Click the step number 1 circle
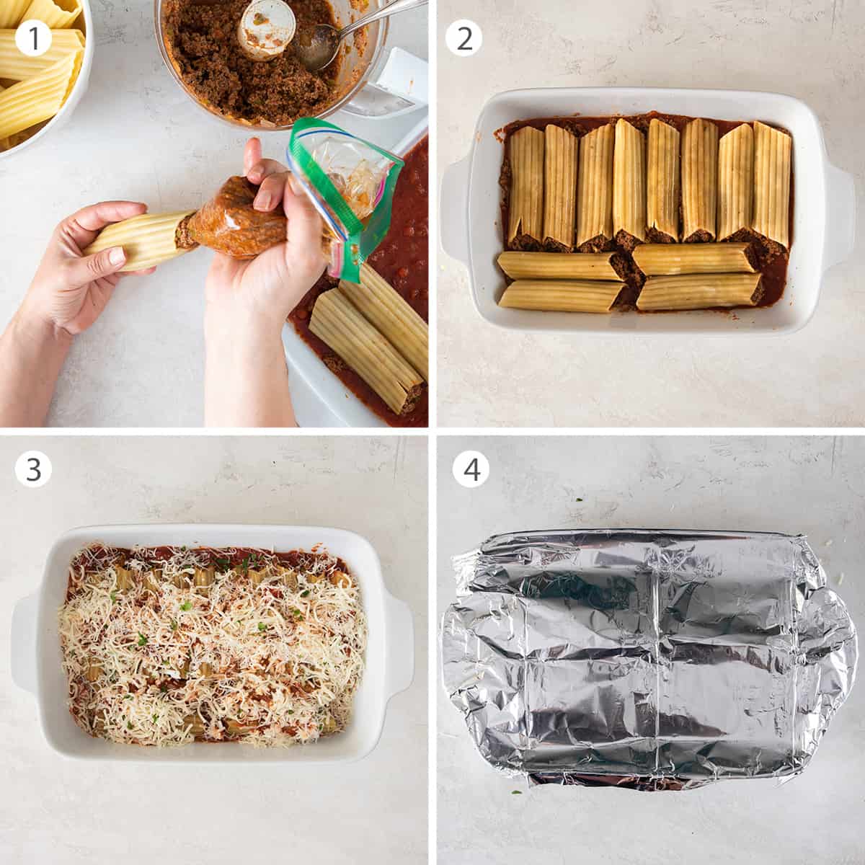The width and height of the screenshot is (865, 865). [33, 38]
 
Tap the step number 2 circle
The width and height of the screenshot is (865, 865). [464, 38]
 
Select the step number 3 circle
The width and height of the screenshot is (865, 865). [33, 470]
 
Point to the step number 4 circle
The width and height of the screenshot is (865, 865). [471, 470]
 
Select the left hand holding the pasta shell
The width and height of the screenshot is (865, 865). [72, 274]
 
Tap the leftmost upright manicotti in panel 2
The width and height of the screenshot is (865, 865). [526, 184]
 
